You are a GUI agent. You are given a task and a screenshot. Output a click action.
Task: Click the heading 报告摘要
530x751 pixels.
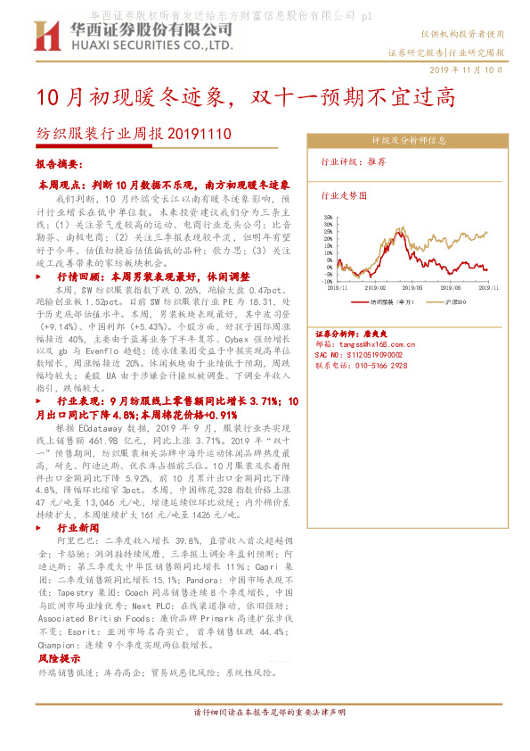(60, 165)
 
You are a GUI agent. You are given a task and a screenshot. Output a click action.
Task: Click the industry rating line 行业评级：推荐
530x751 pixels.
(354, 162)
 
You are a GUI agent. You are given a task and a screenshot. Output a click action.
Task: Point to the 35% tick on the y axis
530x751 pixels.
(328, 215)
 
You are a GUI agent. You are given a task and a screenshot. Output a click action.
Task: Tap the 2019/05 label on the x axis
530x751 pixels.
(414, 288)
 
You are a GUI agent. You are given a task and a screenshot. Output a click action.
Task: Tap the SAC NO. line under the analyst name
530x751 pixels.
(354, 353)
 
